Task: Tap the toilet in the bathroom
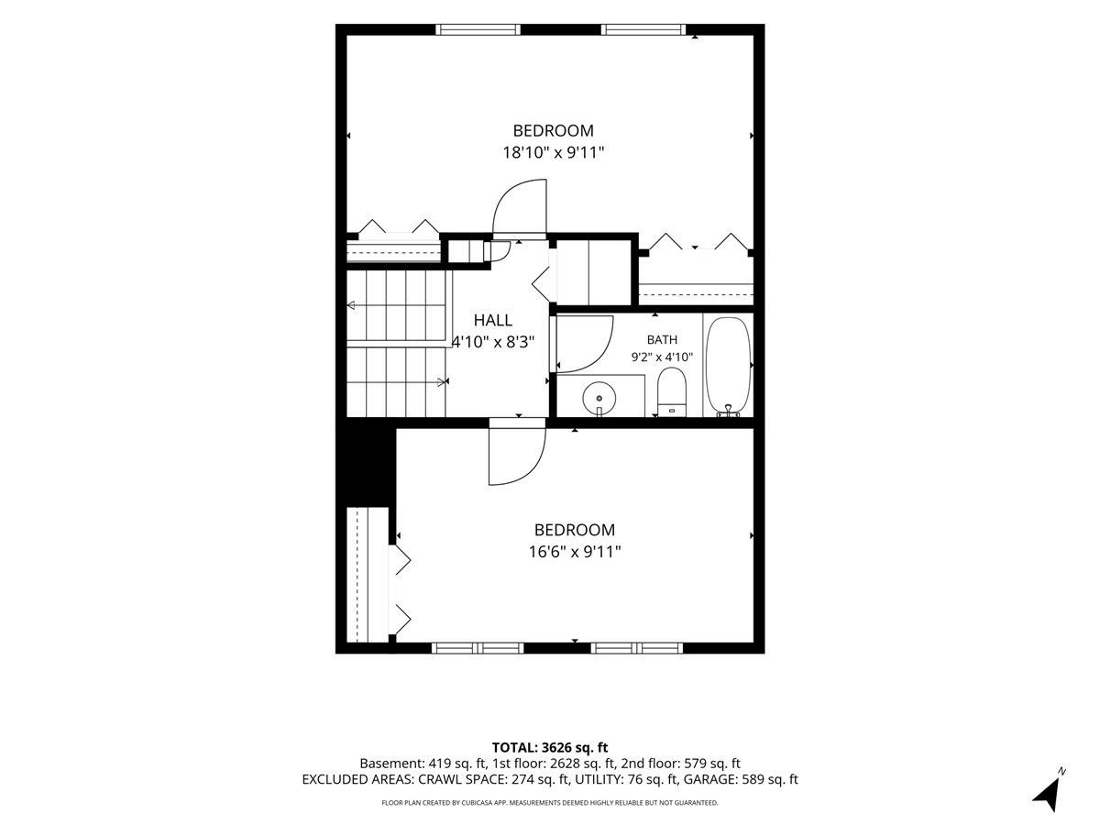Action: [671, 392]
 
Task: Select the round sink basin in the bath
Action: [599, 398]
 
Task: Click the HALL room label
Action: [493, 320]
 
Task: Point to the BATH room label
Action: [662, 339]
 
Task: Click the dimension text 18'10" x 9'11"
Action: [554, 152]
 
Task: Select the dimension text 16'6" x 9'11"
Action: [575, 552]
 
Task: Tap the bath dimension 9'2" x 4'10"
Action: [662, 357]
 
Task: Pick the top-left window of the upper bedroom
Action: [478, 29]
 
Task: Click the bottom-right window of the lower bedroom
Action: [636, 648]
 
